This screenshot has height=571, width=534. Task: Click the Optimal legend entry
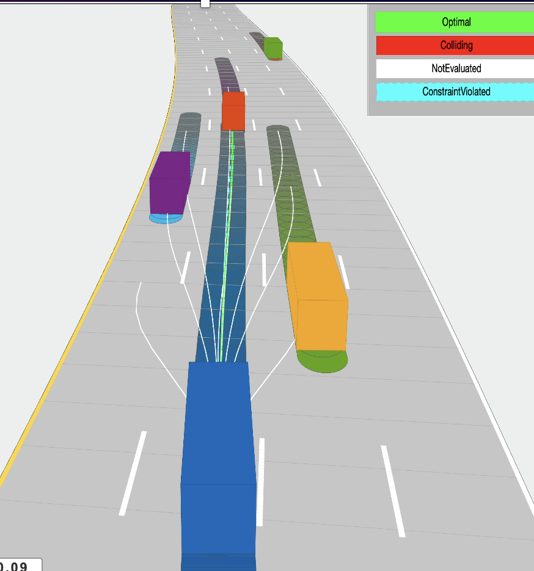click(x=456, y=22)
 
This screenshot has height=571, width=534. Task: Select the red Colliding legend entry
click(x=456, y=45)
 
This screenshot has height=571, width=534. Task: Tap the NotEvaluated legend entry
click(x=456, y=68)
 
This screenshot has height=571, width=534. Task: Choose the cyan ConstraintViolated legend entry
click(x=456, y=92)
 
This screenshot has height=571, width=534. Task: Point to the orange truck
click(x=317, y=296)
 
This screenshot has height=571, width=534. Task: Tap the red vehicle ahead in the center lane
click(x=233, y=111)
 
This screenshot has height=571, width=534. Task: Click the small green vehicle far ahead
click(x=273, y=48)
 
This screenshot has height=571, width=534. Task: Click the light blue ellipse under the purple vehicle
click(x=166, y=218)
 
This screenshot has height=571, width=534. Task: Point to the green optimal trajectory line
click(x=227, y=244)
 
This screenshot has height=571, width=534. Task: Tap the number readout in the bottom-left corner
click(x=18, y=566)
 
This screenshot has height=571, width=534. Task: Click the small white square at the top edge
click(x=205, y=3)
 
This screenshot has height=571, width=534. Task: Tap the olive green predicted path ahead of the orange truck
click(x=287, y=183)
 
